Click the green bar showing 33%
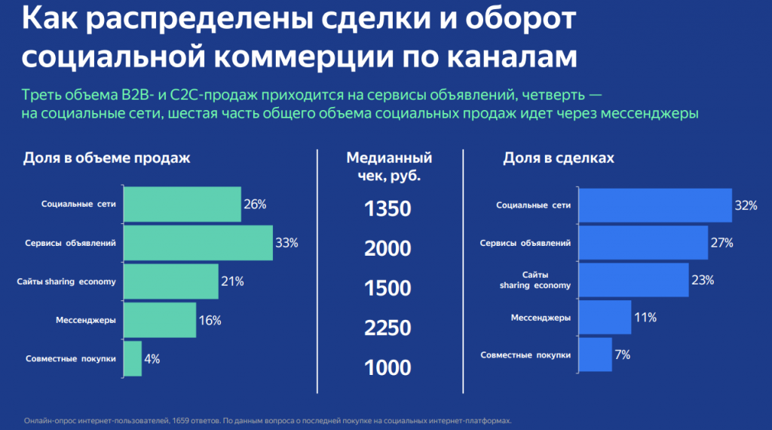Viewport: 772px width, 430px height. click(198, 243)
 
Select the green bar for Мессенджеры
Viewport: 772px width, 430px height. click(159, 321)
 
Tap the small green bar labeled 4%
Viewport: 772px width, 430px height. click(132, 359)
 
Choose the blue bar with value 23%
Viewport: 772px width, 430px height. click(634, 281)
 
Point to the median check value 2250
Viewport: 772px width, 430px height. click(388, 328)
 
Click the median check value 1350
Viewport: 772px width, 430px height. click(388, 209)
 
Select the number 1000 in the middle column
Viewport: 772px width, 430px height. click(388, 368)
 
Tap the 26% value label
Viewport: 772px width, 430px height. click(255, 204)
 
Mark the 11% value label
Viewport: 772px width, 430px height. click(645, 318)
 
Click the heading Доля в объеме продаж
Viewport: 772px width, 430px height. click(106, 158)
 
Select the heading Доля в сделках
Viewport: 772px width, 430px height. click(559, 158)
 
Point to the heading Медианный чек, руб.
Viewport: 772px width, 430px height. click(389, 167)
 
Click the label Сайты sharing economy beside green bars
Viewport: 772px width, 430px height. click(66, 282)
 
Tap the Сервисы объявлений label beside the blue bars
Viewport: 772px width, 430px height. click(526, 244)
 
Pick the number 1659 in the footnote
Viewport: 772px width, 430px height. click(198, 420)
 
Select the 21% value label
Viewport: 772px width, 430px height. click(232, 281)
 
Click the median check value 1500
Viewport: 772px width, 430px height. click(388, 289)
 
